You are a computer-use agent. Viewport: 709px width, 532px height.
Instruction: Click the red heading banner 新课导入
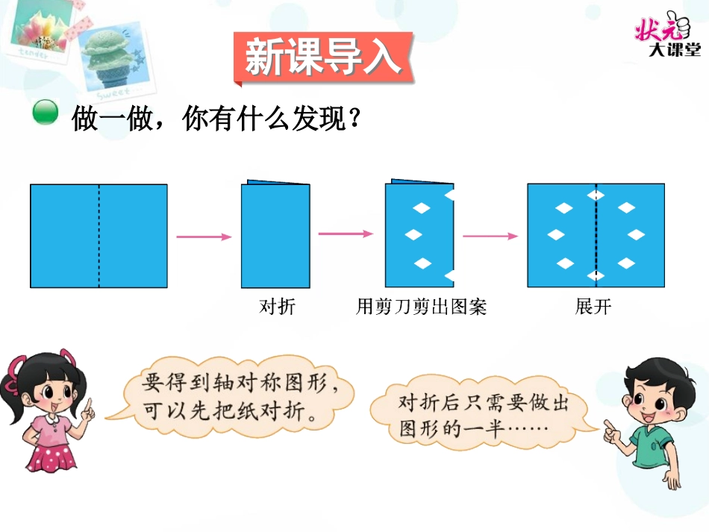322,57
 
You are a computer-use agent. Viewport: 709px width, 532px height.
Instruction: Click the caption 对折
277,307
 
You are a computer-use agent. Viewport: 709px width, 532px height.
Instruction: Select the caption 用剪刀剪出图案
422,307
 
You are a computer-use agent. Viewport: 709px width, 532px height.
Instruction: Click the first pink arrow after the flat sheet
204,237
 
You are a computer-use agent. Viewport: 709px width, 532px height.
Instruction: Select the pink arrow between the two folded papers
345,234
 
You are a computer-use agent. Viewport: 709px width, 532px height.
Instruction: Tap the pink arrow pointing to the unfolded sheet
490,237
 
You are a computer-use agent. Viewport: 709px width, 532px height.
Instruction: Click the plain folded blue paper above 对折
275,235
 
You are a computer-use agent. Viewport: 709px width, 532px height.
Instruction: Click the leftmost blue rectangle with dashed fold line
99,236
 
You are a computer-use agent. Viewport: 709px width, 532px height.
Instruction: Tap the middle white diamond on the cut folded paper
413,235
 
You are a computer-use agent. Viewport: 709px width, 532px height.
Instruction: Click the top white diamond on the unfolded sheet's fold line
596,195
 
